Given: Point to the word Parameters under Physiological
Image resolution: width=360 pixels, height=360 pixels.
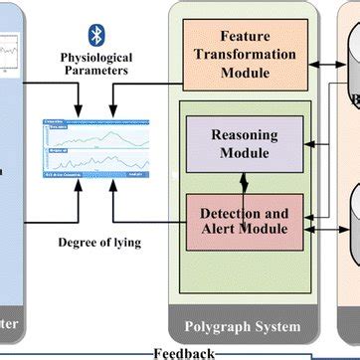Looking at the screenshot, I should [96, 71].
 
